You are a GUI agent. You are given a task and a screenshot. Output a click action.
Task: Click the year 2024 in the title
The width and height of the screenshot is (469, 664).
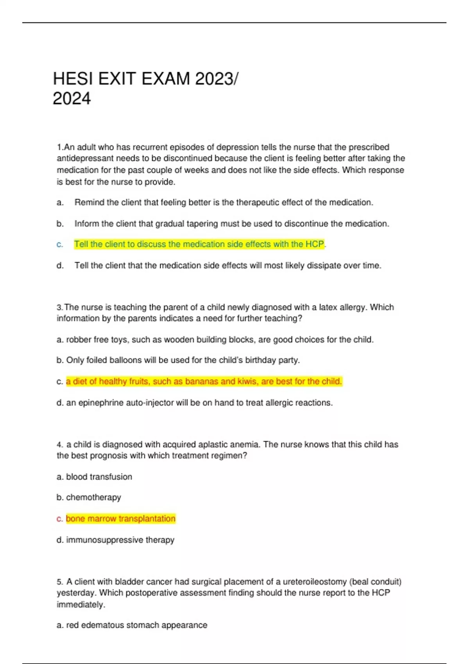(72, 99)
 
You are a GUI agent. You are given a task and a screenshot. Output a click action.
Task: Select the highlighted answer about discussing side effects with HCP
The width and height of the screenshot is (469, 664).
(199, 245)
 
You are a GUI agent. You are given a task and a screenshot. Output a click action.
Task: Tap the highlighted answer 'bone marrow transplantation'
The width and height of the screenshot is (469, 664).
(120, 519)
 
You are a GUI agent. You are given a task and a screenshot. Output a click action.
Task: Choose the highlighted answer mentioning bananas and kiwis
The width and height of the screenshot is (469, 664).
(204, 382)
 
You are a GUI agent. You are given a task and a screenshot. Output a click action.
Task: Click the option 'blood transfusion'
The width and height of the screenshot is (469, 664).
(99, 477)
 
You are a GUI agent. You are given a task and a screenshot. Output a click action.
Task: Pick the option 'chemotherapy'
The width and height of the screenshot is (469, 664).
(93, 498)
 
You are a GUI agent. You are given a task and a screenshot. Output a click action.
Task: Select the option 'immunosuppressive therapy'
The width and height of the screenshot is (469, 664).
(120, 540)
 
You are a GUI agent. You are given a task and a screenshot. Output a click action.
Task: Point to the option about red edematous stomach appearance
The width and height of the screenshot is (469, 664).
(136, 625)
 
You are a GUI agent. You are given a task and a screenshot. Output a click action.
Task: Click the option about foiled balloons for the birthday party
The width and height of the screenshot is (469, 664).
(183, 361)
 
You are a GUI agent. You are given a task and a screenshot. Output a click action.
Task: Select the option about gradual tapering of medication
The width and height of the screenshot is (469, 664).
(232, 224)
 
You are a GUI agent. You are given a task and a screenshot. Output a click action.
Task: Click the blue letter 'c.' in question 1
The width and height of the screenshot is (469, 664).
(60, 245)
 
